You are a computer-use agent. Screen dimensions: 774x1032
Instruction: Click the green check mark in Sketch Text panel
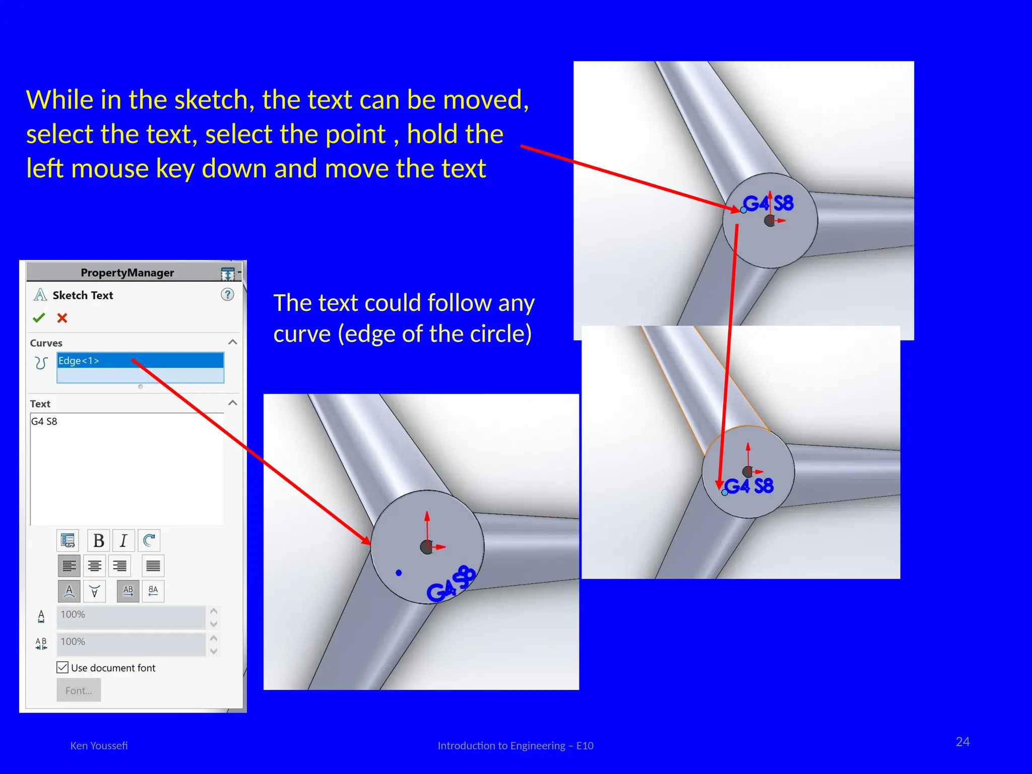point(39,318)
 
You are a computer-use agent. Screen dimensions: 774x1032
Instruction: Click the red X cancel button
point(62,318)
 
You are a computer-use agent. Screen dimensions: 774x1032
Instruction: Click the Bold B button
point(99,541)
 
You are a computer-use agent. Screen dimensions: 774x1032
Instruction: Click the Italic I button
point(123,541)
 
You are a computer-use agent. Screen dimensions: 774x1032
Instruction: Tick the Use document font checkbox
point(62,668)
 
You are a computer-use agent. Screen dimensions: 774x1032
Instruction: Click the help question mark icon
point(227,295)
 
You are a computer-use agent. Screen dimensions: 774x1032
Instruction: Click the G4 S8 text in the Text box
point(44,421)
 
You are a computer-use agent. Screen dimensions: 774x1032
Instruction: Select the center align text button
point(94,566)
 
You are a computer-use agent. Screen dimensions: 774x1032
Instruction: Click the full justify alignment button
point(153,566)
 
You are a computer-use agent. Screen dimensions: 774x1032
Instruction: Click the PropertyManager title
point(127,273)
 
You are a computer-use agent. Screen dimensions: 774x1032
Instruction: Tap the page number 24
point(962,742)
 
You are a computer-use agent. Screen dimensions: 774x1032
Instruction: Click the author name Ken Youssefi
point(99,746)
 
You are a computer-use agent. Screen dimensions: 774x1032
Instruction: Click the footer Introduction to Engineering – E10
point(515,746)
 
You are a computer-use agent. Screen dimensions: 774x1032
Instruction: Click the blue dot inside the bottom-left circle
point(399,573)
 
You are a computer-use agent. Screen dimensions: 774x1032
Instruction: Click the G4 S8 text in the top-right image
point(768,204)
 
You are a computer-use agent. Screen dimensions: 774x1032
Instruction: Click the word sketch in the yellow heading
point(214,100)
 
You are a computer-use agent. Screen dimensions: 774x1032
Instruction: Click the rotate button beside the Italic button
point(149,541)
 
